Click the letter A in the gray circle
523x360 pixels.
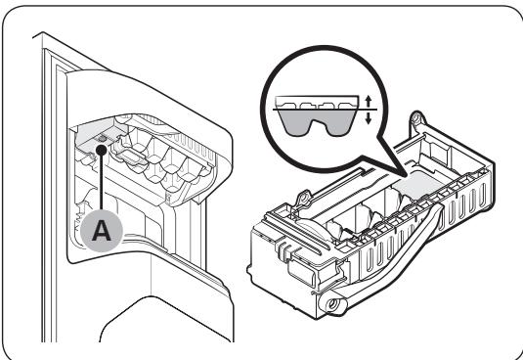[102, 231]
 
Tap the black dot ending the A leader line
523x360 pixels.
[101, 150]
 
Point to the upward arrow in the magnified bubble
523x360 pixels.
[368, 101]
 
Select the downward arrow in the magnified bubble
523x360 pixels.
[368, 117]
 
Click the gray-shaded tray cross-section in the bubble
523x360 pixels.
[316, 120]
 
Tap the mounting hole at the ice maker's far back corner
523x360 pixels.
[415, 118]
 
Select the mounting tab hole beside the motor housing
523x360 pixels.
[303, 199]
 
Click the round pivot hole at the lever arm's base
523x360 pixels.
[331, 303]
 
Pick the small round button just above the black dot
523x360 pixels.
[102, 138]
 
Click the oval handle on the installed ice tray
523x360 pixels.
[132, 156]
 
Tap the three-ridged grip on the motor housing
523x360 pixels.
[282, 247]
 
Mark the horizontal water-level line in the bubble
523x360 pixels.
[325, 110]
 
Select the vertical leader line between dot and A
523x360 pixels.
[101, 183]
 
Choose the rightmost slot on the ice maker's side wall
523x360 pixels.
[482, 194]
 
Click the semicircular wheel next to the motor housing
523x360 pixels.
[311, 228]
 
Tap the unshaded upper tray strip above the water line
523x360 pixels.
[317, 103]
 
